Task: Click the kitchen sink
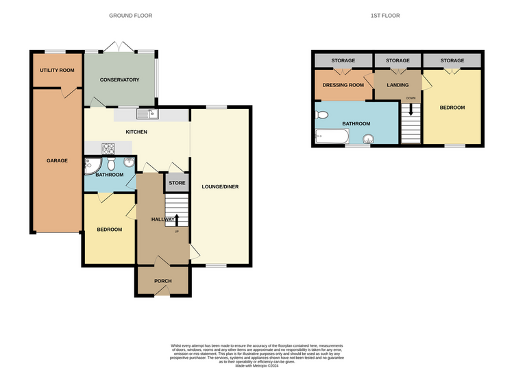click(147, 114)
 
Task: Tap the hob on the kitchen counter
click(108, 149)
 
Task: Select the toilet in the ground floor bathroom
click(111, 163)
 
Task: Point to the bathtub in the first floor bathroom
click(332, 136)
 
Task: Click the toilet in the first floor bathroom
click(321, 115)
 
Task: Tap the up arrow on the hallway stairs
click(177, 220)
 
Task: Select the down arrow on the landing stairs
click(411, 110)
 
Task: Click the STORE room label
click(177, 183)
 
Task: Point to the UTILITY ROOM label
click(57, 70)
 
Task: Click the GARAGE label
click(57, 160)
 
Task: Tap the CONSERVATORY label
click(120, 79)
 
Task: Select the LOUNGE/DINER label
click(220, 187)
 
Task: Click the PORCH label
click(163, 281)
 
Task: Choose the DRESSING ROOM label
click(343, 85)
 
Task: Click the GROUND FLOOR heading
click(130, 15)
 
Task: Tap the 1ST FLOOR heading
click(385, 15)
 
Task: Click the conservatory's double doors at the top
click(119, 47)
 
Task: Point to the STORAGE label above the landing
click(397, 60)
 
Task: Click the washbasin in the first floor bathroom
click(369, 139)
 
